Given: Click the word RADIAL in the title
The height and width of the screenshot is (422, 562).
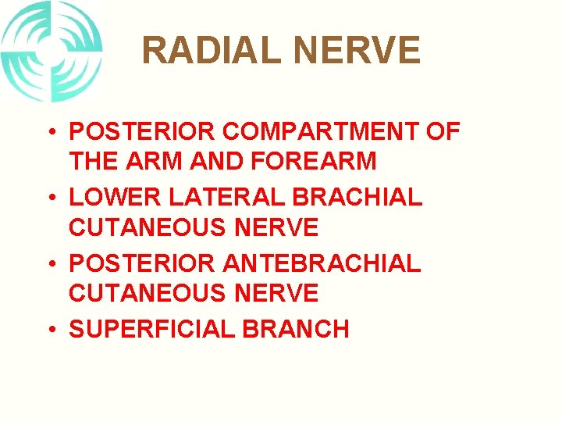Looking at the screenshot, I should click(x=212, y=52).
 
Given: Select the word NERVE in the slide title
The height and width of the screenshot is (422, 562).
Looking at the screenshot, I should click(x=356, y=52).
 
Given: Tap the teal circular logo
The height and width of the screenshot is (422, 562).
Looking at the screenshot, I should click(x=52, y=51).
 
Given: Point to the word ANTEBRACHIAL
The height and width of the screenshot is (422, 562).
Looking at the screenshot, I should click(x=322, y=263).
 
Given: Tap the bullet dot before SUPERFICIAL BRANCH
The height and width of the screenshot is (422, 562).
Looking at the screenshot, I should click(x=50, y=329).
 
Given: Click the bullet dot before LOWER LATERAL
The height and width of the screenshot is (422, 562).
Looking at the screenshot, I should click(x=50, y=197).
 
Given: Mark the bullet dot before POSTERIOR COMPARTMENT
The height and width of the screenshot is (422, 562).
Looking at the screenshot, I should click(x=50, y=131).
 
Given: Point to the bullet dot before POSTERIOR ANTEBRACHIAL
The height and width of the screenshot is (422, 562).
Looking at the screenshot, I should click(x=50, y=263).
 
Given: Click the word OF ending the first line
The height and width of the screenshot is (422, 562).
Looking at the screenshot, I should click(x=443, y=131).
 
